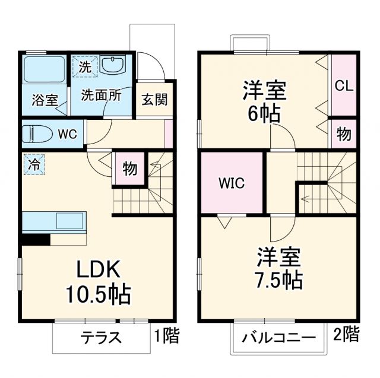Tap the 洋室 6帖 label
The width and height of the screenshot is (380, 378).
click(265, 101)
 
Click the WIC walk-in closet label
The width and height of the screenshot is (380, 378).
click(232, 183)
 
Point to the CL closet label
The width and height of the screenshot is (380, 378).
click(344, 85)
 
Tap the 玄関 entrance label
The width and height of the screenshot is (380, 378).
click(154, 99)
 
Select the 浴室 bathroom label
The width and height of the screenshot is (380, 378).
click(45, 99)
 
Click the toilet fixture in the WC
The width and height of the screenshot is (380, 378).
click(36, 134)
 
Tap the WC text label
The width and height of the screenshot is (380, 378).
click(67, 134)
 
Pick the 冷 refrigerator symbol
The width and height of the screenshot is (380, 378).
click(34, 164)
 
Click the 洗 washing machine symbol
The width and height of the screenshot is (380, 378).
click(85, 67)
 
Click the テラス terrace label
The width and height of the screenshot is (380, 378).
click(101, 338)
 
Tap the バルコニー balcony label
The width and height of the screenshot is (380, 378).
click(278, 338)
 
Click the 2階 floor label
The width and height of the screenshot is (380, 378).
click(347, 334)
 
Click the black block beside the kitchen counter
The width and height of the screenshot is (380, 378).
click(36, 240)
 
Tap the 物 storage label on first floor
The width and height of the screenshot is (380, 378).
click(130, 169)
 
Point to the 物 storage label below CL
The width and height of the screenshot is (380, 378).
click(344, 133)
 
